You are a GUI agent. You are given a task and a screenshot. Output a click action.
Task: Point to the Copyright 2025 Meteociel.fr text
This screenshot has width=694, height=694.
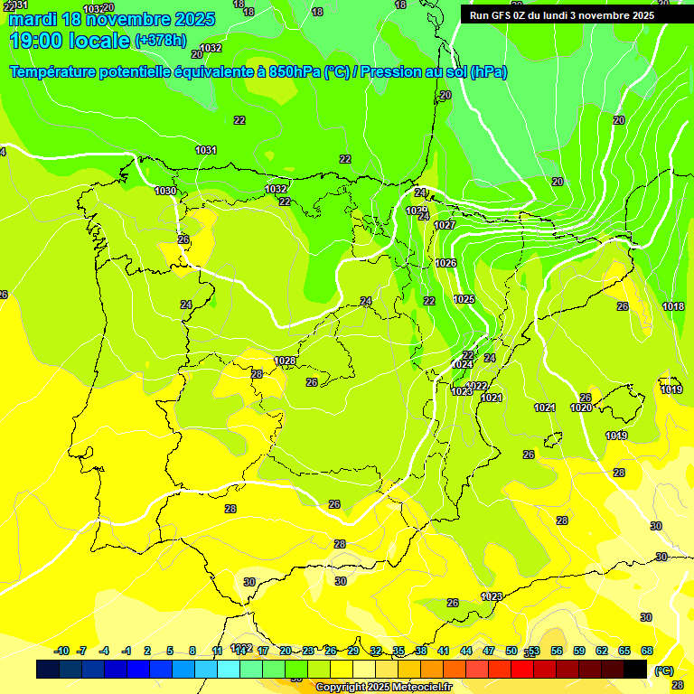383,687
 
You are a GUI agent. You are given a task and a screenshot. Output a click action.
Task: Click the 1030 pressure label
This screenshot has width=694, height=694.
165,191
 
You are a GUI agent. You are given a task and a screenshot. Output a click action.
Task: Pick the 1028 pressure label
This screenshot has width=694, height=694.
286,361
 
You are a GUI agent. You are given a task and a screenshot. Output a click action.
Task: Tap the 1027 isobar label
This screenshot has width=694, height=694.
445,225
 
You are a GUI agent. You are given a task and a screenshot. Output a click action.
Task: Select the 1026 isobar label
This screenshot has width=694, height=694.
445,263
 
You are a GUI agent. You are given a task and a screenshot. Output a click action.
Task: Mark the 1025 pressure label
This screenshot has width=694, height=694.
464,299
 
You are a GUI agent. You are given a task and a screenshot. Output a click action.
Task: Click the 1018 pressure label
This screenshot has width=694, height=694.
673,306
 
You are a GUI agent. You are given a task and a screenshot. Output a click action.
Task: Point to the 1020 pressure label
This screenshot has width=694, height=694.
581,408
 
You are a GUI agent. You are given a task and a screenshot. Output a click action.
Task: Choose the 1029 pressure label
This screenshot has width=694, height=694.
416,211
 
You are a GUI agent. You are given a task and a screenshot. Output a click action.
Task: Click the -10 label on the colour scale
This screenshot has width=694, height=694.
61,651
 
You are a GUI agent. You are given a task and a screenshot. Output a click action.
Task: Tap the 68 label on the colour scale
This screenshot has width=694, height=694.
647,651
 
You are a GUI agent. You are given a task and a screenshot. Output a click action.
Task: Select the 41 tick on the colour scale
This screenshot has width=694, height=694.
444,651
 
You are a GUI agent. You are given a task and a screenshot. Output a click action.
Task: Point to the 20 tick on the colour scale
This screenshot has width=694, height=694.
286,651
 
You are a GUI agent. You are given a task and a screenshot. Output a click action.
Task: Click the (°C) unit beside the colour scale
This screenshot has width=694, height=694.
664,671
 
